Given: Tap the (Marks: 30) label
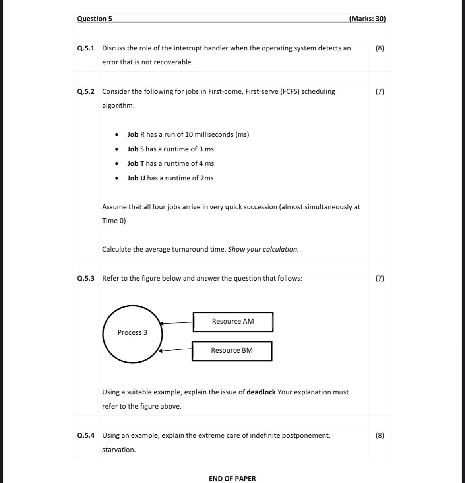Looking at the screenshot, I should [367, 19].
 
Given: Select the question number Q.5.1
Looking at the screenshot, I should [86, 48].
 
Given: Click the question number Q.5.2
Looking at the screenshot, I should [86, 91].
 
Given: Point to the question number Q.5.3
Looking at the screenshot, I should [86, 278].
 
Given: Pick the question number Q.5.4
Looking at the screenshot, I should [86, 435].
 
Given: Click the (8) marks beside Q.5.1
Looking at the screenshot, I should [380, 48].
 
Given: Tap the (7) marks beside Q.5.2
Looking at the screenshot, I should [380, 91].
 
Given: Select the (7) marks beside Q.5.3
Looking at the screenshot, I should [380, 278].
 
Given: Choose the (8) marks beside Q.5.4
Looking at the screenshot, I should [380, 435].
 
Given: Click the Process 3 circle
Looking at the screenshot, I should [132, 334].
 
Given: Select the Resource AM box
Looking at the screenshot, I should [233, 322].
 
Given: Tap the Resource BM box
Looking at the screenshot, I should [232, 351].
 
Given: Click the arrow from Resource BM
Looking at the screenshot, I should [176, 350].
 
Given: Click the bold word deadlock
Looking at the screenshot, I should [261, 392].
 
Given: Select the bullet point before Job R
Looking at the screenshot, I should [116, 135].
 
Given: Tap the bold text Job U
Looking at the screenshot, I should [136, 178].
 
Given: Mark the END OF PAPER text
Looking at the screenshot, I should [232, 479].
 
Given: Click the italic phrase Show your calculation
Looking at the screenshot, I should [263, 249].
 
